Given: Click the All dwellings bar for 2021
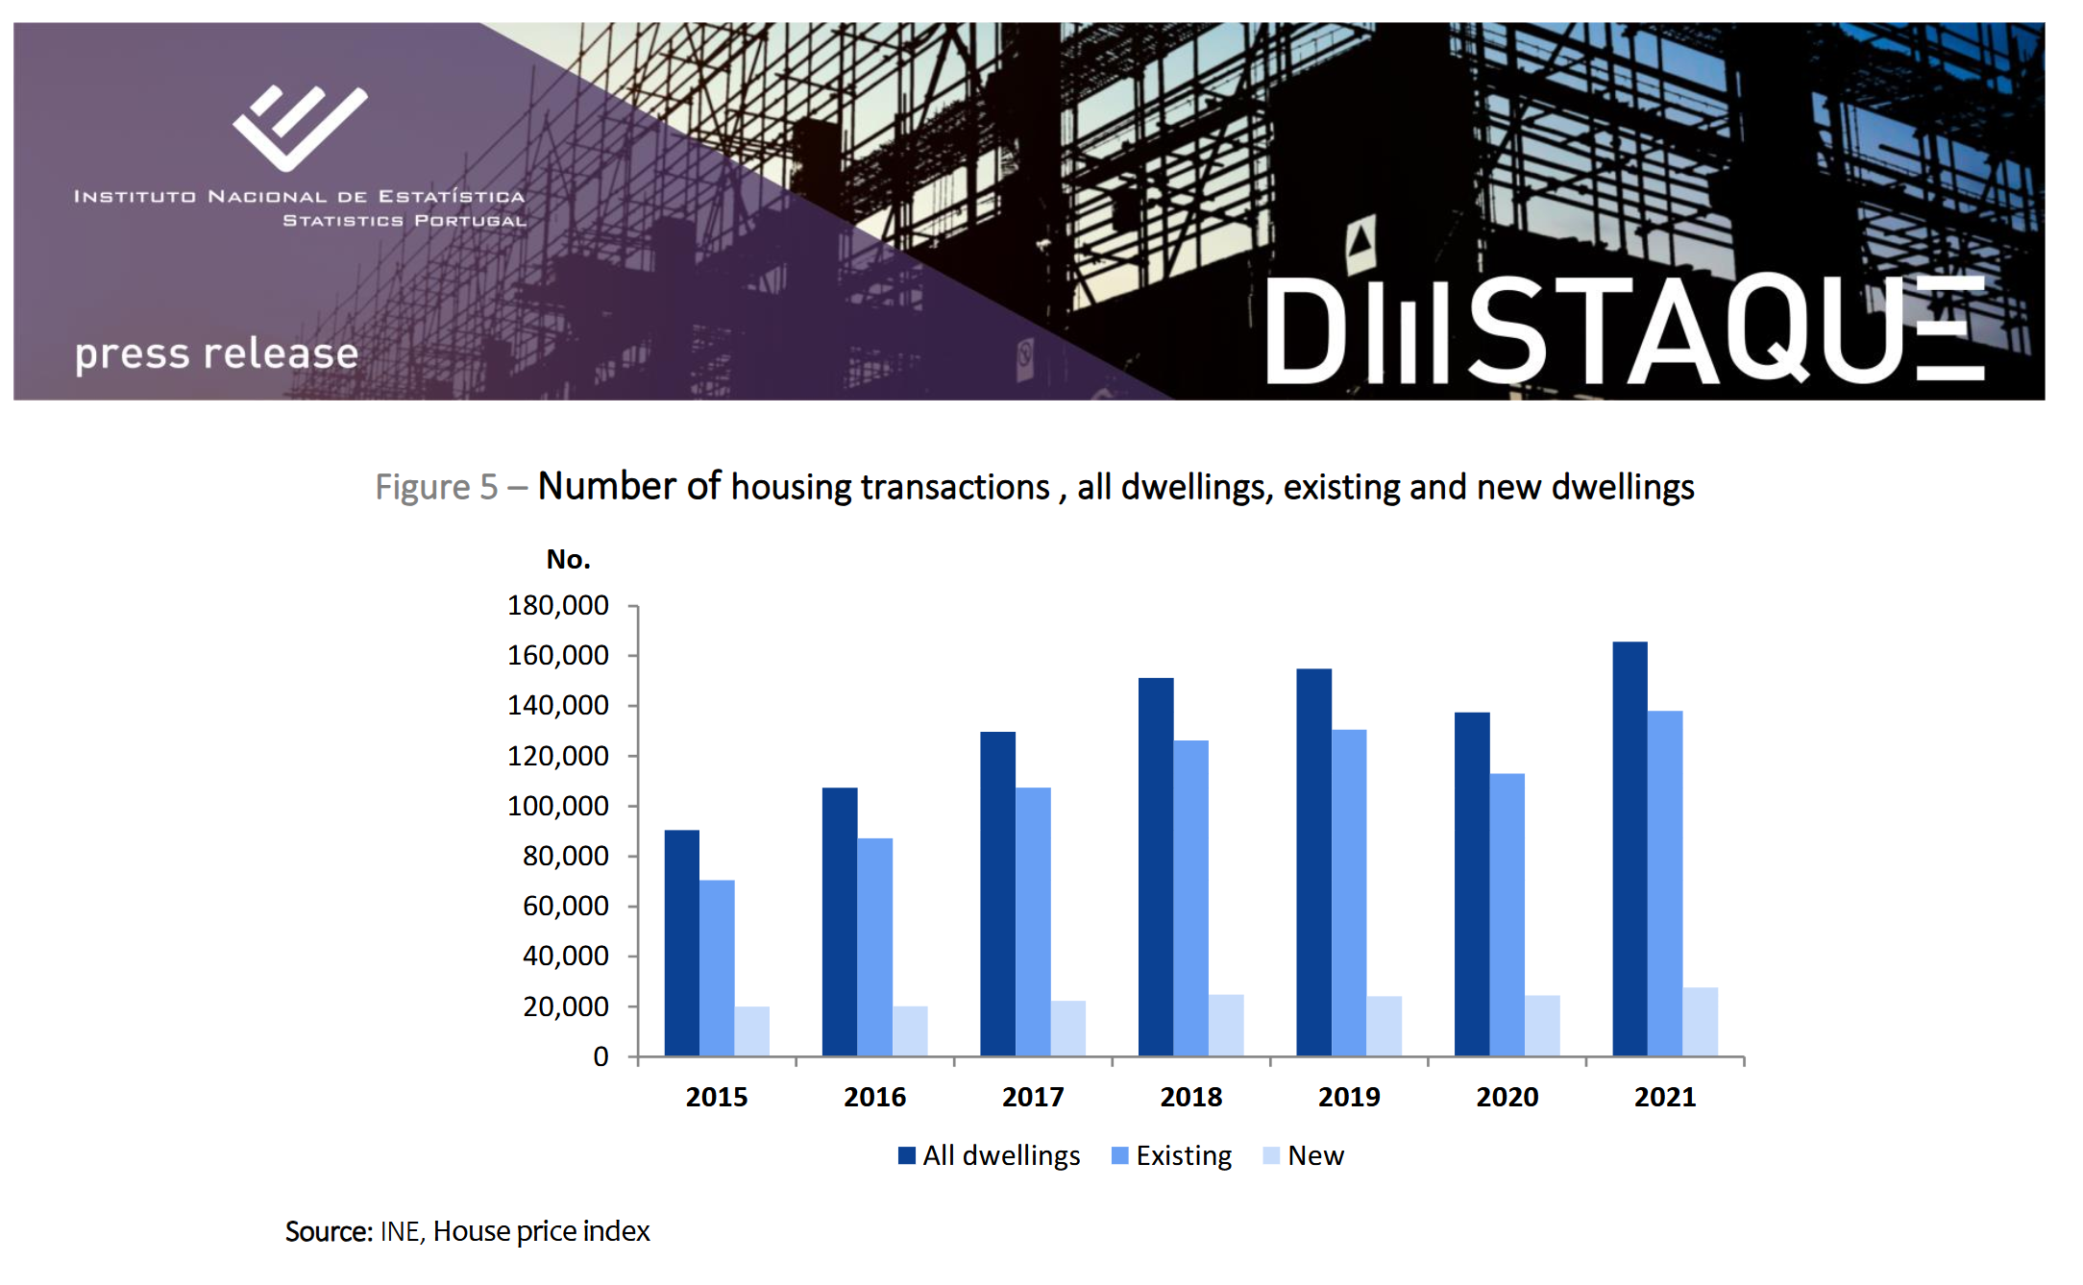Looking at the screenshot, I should (x=1630, y=849).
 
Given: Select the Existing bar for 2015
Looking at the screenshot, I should (x=717, y=968).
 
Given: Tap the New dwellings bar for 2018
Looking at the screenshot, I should (x=1226, y=1026).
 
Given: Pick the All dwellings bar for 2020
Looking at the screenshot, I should (x=1472, y=885).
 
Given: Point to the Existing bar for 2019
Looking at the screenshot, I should (x=1349, y=893).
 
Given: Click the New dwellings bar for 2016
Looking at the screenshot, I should (x=910, y=1031).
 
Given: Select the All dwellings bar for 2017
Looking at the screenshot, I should (x=997, y=894).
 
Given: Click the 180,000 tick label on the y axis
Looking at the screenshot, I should (x=557, y=605).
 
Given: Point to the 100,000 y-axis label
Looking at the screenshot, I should (x=557, y=806).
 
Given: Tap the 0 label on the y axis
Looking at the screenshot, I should (x=600, y=1056).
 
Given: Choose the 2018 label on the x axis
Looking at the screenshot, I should (x=1190, y=1097).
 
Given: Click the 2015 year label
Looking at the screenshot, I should (x=717, y=1097).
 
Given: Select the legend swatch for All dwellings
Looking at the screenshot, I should (x=906, y=1155).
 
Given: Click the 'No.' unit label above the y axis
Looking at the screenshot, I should (x=568, y=559).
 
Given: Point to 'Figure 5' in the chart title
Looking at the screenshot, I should (x=436, y=487).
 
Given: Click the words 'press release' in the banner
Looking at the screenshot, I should (x=217, y=353).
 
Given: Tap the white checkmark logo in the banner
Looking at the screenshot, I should (x=300, y=127).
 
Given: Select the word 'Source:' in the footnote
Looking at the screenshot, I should (x=329, y=1231).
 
